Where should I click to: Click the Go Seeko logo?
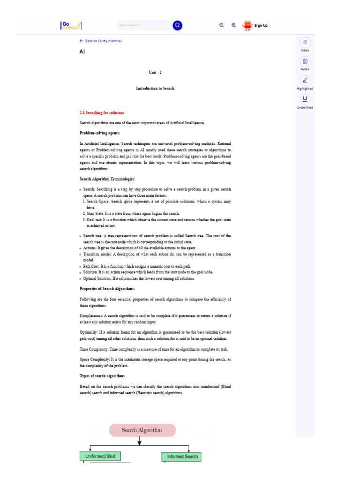click(70, 25)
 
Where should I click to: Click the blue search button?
click(177, 25)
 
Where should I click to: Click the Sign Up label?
click(261, 25)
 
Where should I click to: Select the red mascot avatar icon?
click(247, 25)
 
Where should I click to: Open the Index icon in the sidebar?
click(305, 42)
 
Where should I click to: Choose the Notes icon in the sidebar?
click(305, 61)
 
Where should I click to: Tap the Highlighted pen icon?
click(305, 80)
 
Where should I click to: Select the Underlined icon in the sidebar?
click(305, 99)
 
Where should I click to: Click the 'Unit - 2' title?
click(155, 72)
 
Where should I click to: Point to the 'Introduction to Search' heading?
click(155, 88)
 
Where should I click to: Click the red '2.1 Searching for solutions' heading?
click(102, 112)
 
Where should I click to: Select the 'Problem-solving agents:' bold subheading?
click(100, 133)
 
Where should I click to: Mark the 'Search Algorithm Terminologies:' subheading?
click(108, 179)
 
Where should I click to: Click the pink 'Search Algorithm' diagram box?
click(142, 430)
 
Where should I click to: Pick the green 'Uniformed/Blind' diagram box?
click(100, 456)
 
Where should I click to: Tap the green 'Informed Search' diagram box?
click(182, 457)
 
